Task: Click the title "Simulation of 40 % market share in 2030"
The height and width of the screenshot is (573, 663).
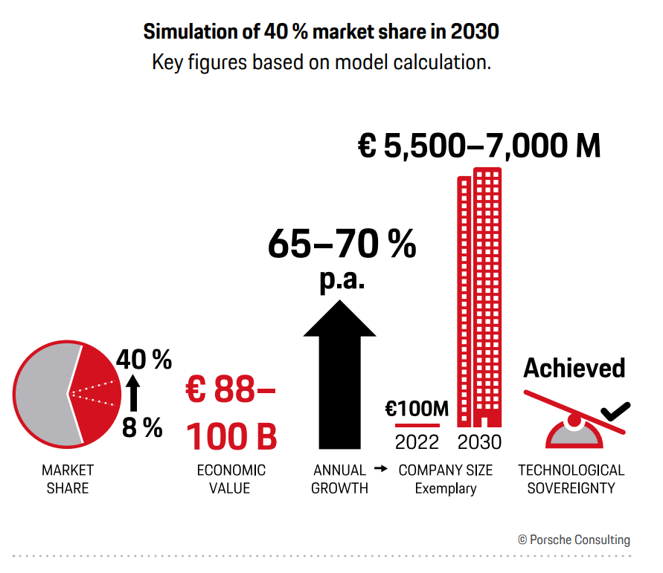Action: point(321,33)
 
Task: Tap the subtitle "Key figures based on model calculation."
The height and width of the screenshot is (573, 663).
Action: point(321,62)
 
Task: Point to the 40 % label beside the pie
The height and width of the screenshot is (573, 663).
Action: point(144,360)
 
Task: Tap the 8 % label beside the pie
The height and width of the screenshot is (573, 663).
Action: point(142,427)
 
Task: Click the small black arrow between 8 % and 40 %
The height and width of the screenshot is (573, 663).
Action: point(133,394)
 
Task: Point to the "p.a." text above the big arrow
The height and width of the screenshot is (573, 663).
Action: point(342,281)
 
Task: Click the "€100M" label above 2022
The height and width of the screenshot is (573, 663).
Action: point(417,409)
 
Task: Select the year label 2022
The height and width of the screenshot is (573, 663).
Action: point(417,442)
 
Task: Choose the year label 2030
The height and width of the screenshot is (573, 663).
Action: point(479,442)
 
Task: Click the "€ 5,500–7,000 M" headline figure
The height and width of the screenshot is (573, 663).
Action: point(479,146)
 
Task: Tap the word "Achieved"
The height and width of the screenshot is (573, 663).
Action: point(574,367)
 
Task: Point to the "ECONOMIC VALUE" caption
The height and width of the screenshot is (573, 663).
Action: point(231,479)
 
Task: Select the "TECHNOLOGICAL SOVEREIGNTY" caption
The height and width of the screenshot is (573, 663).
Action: point(571,479)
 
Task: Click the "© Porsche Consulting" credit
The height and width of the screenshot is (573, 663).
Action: point(574,540)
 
